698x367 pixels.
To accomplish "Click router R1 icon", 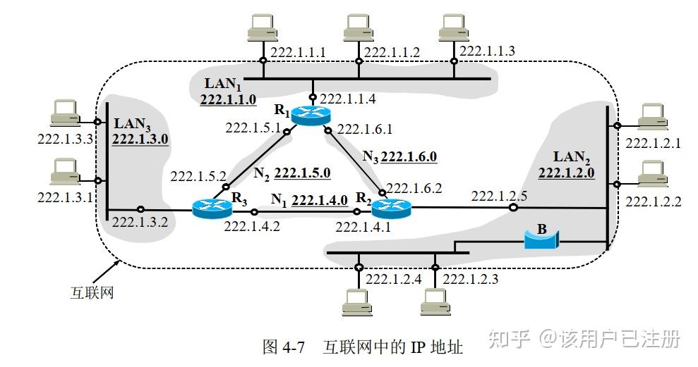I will [306, 116].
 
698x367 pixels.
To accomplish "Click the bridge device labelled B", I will [541, 240].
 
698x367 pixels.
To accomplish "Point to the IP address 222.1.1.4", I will [348, 99].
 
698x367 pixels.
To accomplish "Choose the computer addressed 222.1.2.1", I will [651, 117].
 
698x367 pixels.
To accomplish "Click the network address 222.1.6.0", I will [409, 156].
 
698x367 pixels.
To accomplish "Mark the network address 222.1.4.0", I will [319, 200].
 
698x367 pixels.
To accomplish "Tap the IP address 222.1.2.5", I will [500, 195].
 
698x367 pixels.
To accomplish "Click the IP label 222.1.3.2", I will [139, 223].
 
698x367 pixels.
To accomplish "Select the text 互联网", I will [92, 292].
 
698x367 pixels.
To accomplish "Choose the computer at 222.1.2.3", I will [435, 301].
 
